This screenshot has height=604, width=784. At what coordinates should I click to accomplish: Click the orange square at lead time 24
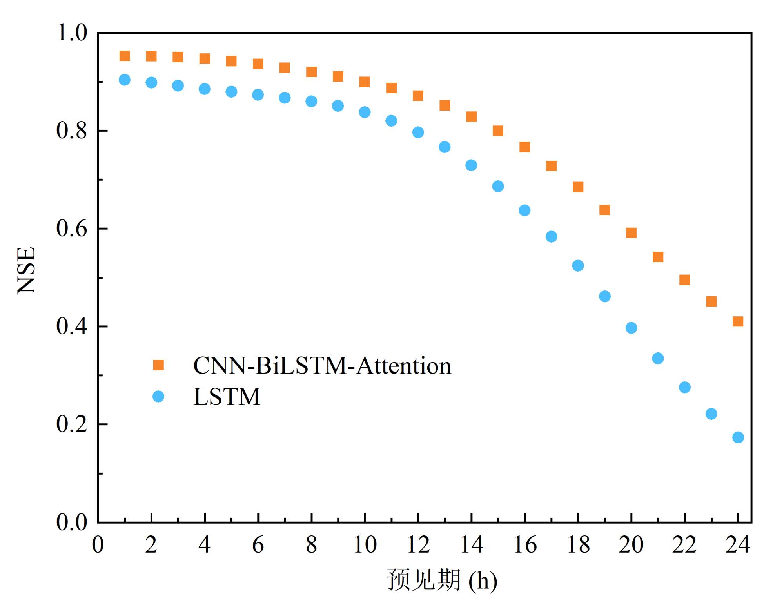click(x=738, y=321)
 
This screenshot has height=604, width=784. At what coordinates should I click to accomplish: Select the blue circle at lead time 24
click(x=738, y=437)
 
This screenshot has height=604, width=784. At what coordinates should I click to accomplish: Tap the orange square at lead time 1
click(x=125, y=56)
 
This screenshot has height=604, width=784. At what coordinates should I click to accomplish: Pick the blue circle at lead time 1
click(x=125, y=80)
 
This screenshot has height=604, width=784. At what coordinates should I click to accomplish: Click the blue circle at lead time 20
click(x=631, y=328)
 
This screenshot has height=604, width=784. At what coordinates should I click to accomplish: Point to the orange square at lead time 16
click(x=524, y=147)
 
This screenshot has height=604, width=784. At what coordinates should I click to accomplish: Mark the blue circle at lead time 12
click(x=418, y=132)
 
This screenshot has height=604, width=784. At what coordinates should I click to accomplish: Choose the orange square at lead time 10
click(x=365, y=82)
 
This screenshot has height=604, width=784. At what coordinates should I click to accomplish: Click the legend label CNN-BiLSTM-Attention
click(x=322, y=366)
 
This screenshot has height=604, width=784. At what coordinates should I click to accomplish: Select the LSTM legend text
click(x=227, y=397)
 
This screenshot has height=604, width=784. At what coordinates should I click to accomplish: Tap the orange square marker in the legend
click(x=158, y=365)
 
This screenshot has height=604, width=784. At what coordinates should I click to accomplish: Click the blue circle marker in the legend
click(x=158, y=397)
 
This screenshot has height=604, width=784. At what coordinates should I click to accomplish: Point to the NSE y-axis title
click(x=27, y=270)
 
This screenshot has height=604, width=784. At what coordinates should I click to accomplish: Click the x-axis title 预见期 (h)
click(x=442, y=580)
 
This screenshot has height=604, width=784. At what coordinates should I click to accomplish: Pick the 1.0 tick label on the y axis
click(x=72, y=33)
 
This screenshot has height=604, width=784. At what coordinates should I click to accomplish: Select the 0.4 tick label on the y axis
click(x=72, y=326)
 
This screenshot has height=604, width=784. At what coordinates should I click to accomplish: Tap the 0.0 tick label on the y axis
click(x=72, y=522)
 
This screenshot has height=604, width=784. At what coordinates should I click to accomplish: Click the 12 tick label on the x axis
click(x=418, y=545)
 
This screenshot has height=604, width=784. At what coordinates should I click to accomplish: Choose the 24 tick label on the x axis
click(x=738, y=545)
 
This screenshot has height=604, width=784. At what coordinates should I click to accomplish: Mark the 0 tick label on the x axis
click(x=98, y=545)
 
